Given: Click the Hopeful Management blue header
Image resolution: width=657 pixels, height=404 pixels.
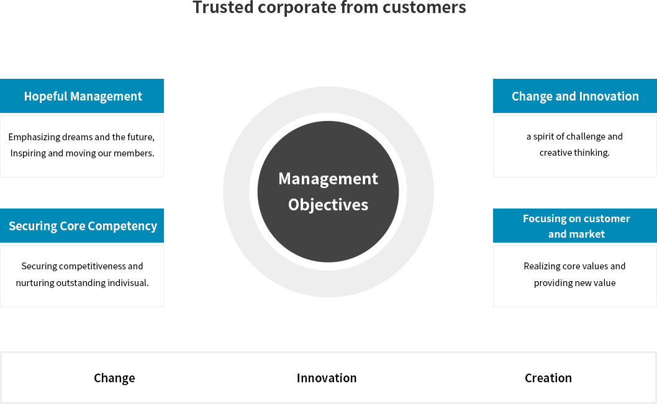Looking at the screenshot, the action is tap(82, 96).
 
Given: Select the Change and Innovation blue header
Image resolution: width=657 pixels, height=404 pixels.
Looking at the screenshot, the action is tap(575, 96).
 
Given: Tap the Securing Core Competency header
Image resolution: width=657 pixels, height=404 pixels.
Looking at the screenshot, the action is tap(82, 226).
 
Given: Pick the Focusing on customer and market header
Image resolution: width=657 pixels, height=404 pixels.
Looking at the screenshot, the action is tap(575, 226).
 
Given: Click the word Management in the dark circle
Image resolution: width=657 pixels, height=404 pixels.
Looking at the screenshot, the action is tap(328, 179).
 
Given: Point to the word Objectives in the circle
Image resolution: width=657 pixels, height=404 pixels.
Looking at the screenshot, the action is tap(328, 205).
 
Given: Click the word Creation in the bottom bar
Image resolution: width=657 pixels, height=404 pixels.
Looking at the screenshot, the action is tap(548, 378).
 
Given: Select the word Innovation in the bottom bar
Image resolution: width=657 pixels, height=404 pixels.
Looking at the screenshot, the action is tap(327, 378).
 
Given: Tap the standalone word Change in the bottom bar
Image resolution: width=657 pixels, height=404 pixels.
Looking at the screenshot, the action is tap(114, 378).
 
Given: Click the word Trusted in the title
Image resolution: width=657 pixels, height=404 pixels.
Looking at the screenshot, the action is tap(223, 7).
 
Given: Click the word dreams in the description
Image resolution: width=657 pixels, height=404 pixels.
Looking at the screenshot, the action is tap(77, 137).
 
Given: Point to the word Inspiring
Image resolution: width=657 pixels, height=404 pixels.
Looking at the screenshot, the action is tap(28, 153).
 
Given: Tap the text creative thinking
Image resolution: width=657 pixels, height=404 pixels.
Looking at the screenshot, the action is tap(574, 153).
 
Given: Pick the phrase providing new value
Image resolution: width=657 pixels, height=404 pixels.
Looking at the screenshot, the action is tap(574, 282).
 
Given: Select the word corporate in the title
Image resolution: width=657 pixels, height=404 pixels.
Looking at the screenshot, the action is tap(297, 7).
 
